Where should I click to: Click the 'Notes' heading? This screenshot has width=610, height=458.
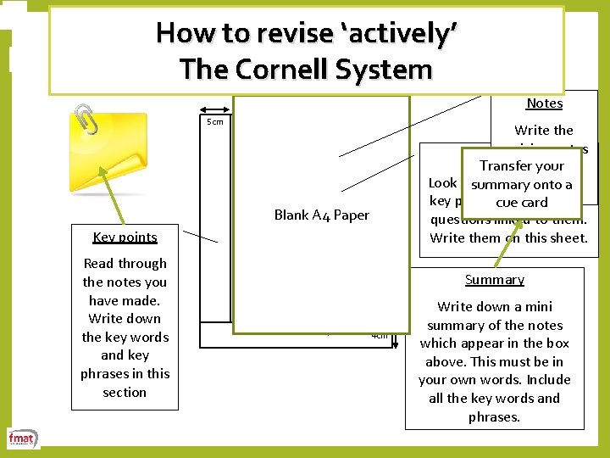544,103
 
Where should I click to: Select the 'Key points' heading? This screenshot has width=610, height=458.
125,237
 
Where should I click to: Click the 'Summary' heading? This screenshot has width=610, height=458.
495,280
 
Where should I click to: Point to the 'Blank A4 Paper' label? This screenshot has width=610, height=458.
321,215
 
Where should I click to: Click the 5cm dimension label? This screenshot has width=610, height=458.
215,122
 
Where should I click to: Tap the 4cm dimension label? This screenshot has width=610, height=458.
380,335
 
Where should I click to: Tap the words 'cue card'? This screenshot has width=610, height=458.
521,203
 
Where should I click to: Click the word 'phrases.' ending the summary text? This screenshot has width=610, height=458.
495,416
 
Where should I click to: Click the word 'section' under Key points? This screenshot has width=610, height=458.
125,392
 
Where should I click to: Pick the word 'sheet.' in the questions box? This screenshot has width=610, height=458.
566,237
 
